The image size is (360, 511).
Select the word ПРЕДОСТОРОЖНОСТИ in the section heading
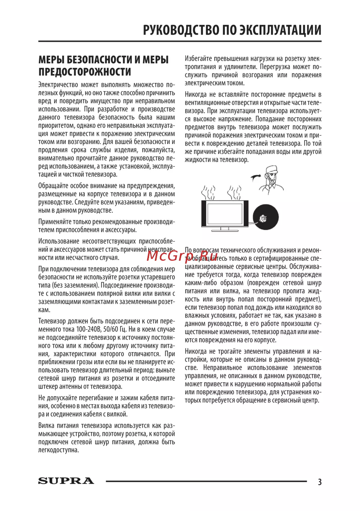pos(85,72)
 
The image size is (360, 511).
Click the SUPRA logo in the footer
pos(66,481)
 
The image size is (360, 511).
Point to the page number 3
pos(319,481)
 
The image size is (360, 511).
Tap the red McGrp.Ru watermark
pos(183,255)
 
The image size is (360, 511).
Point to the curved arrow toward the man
pos(256,176)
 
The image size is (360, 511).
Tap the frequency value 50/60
pos(112,329)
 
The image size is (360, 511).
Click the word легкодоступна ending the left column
pos(58,450)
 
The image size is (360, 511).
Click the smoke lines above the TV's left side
pos(208,193)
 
